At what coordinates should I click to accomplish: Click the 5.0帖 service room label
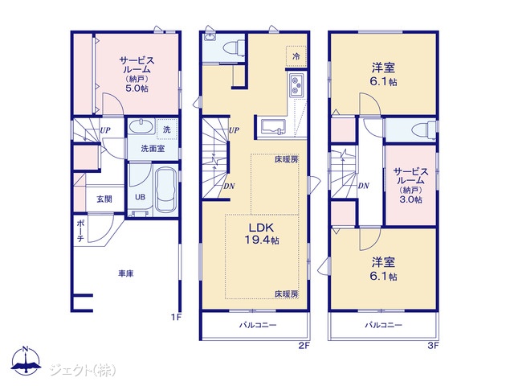pos(137,74)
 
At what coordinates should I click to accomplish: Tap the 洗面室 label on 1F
pos(153,149)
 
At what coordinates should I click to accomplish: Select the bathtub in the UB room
pos(165,190)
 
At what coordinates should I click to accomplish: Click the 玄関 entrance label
pos(104,199)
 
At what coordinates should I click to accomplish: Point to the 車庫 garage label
pos(126,273)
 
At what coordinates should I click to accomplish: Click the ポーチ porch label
pos(80,231)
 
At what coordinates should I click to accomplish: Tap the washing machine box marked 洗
pos(167,129)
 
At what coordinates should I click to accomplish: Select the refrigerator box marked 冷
pos(296,56)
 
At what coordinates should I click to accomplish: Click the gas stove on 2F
pos(296,85)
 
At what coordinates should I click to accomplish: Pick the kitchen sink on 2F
pos(273,127)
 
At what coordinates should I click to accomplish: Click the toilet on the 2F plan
pos(234,47)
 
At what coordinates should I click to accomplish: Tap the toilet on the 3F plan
pos(424,130)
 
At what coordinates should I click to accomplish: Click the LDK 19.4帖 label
pos(262,234)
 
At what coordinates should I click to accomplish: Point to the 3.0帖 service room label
pos(410,186)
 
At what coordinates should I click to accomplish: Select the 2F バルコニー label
pos(258,325)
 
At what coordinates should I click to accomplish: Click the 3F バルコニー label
pos(384,325)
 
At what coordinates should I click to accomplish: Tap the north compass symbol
pos(26,359)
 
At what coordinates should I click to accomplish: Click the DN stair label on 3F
pos(364,186)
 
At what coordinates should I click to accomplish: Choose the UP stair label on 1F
pos(105,130)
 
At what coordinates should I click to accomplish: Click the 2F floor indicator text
pos(304,345)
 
